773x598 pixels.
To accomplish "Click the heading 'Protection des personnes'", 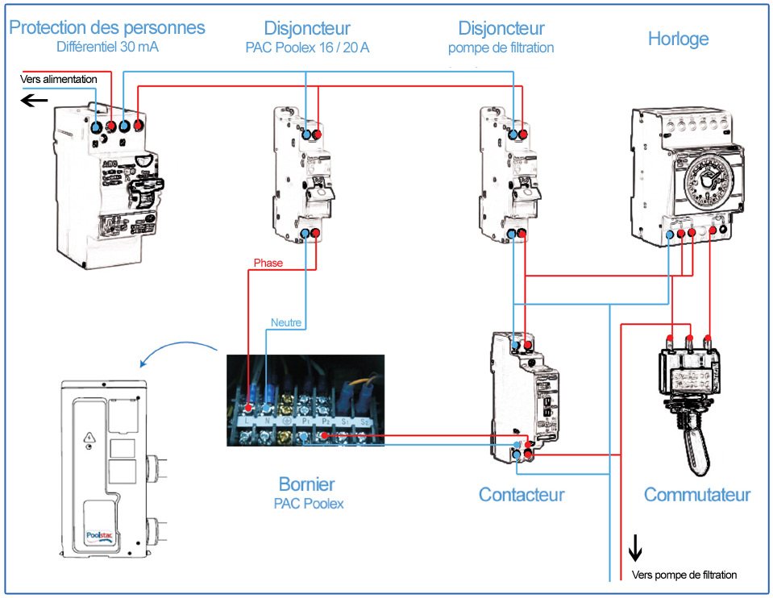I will (107, 27).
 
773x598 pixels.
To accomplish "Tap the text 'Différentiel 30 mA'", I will (107, 47).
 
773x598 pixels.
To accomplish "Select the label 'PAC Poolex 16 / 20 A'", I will (307, 48).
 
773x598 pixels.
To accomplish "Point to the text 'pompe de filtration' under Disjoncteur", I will (501, 48).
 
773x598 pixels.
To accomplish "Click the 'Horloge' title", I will (678, 38).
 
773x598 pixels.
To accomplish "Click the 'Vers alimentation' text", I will (59, 80).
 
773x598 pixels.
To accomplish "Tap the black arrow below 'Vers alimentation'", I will (34, 100).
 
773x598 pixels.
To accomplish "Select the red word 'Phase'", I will (268, 263).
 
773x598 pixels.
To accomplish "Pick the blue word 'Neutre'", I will (286, 322).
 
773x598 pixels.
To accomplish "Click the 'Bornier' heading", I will (306, 484).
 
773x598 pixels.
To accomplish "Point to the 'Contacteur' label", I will (522, 494).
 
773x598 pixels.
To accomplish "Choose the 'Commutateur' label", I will (696, 494).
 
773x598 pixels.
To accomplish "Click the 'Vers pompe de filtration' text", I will (684, 575).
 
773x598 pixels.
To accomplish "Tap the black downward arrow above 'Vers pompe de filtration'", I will (635, 548).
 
